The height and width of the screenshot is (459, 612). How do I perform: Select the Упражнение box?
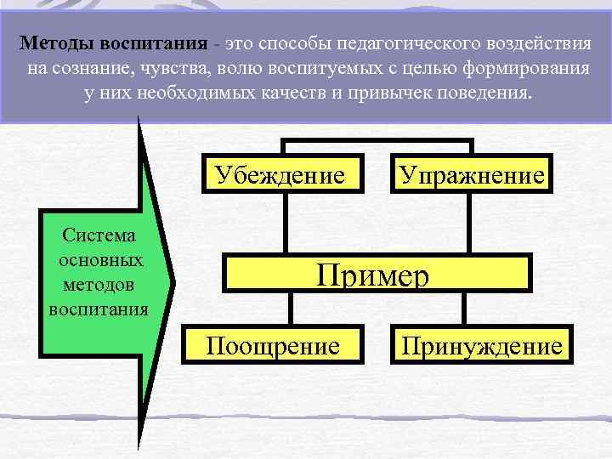(x=472, y=176)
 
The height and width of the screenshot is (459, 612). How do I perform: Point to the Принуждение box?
(x=482, y=345)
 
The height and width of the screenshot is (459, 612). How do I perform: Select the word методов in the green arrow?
(x=99, y=282)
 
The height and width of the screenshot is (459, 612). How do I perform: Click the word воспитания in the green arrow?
(x=99, y=307)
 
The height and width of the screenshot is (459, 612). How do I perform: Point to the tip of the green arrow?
(x=173, y=278)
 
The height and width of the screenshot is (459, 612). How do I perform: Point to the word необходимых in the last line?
(x=184, y=92)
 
